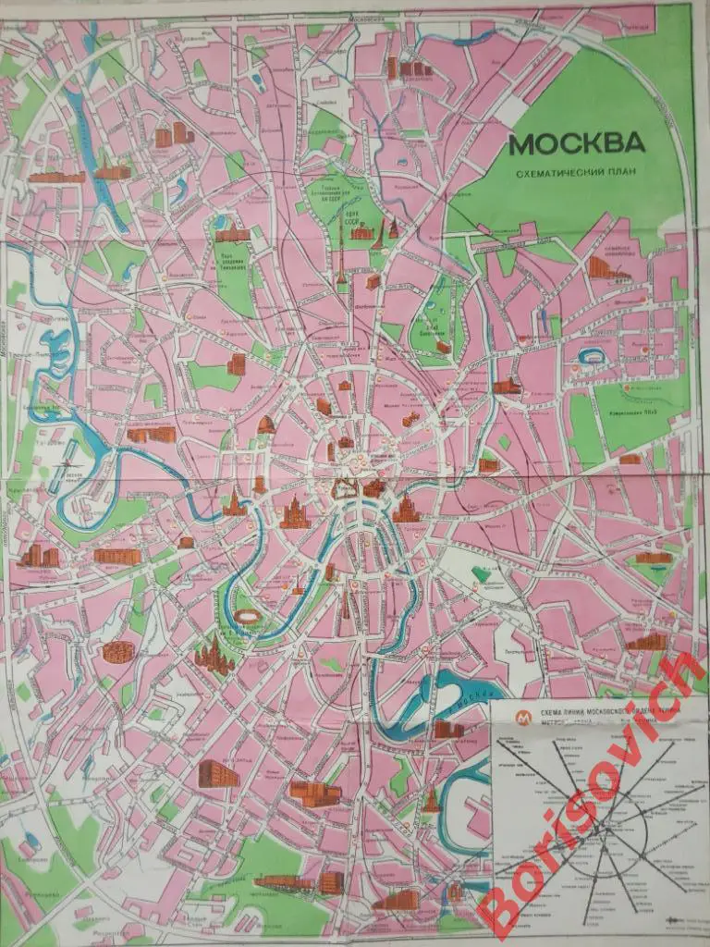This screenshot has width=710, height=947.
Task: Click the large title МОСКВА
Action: (576, 145)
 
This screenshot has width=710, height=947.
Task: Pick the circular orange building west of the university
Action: (117, 652)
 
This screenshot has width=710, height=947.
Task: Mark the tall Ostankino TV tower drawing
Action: (340, 254)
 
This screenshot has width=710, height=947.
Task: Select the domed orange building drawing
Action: (266, 424)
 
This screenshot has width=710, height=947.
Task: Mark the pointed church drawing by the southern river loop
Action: (431, 800)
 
